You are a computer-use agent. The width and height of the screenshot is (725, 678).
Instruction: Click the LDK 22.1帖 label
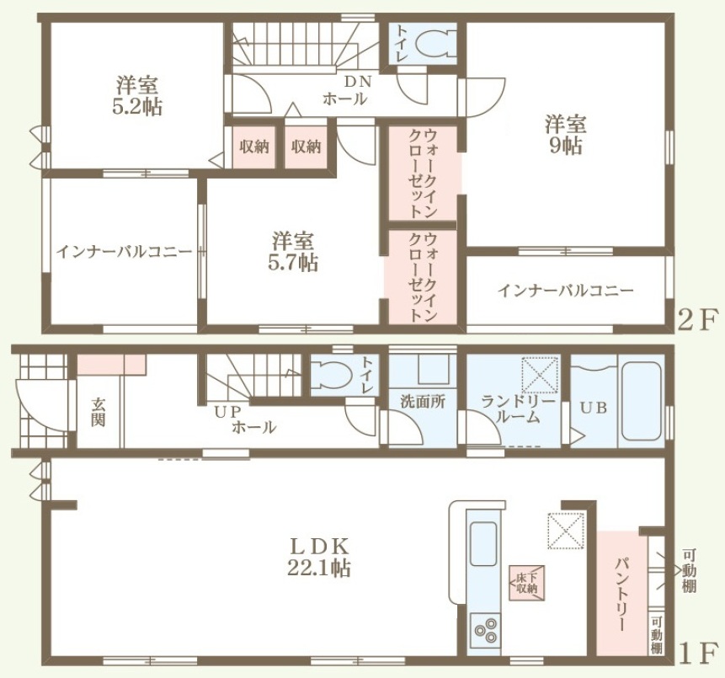click(318, 558)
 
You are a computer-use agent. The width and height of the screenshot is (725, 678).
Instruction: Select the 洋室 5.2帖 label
click(137, 96)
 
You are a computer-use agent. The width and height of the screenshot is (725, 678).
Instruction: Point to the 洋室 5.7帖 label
click(293, 252)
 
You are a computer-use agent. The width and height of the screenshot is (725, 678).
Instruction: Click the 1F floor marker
click(699, 653)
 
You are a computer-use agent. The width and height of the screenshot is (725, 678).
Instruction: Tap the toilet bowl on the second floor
click(434, 44)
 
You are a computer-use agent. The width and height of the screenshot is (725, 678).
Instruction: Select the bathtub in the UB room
click(641, 401)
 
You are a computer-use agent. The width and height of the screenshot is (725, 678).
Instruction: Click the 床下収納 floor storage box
click(527, 583)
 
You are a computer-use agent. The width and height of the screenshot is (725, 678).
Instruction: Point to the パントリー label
click(621, 595)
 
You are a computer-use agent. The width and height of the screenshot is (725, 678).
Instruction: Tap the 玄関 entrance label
click(98, 412)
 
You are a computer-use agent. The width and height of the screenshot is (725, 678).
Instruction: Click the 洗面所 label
click(423, 402)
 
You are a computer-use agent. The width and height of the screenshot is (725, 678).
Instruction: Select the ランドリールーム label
click(517, 408)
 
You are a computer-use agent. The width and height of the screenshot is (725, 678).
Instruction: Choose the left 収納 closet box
click(253, 147)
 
